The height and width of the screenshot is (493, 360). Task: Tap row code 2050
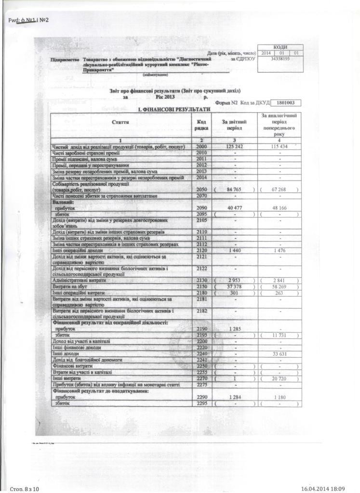(201, 190)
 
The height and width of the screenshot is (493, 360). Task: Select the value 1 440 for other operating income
(234, 250)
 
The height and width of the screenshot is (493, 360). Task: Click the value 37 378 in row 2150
(234, 286)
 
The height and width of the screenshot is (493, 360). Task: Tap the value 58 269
(279, 286)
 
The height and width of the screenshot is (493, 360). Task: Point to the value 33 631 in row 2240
(279, 353)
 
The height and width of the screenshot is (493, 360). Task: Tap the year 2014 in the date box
(266, 52)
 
